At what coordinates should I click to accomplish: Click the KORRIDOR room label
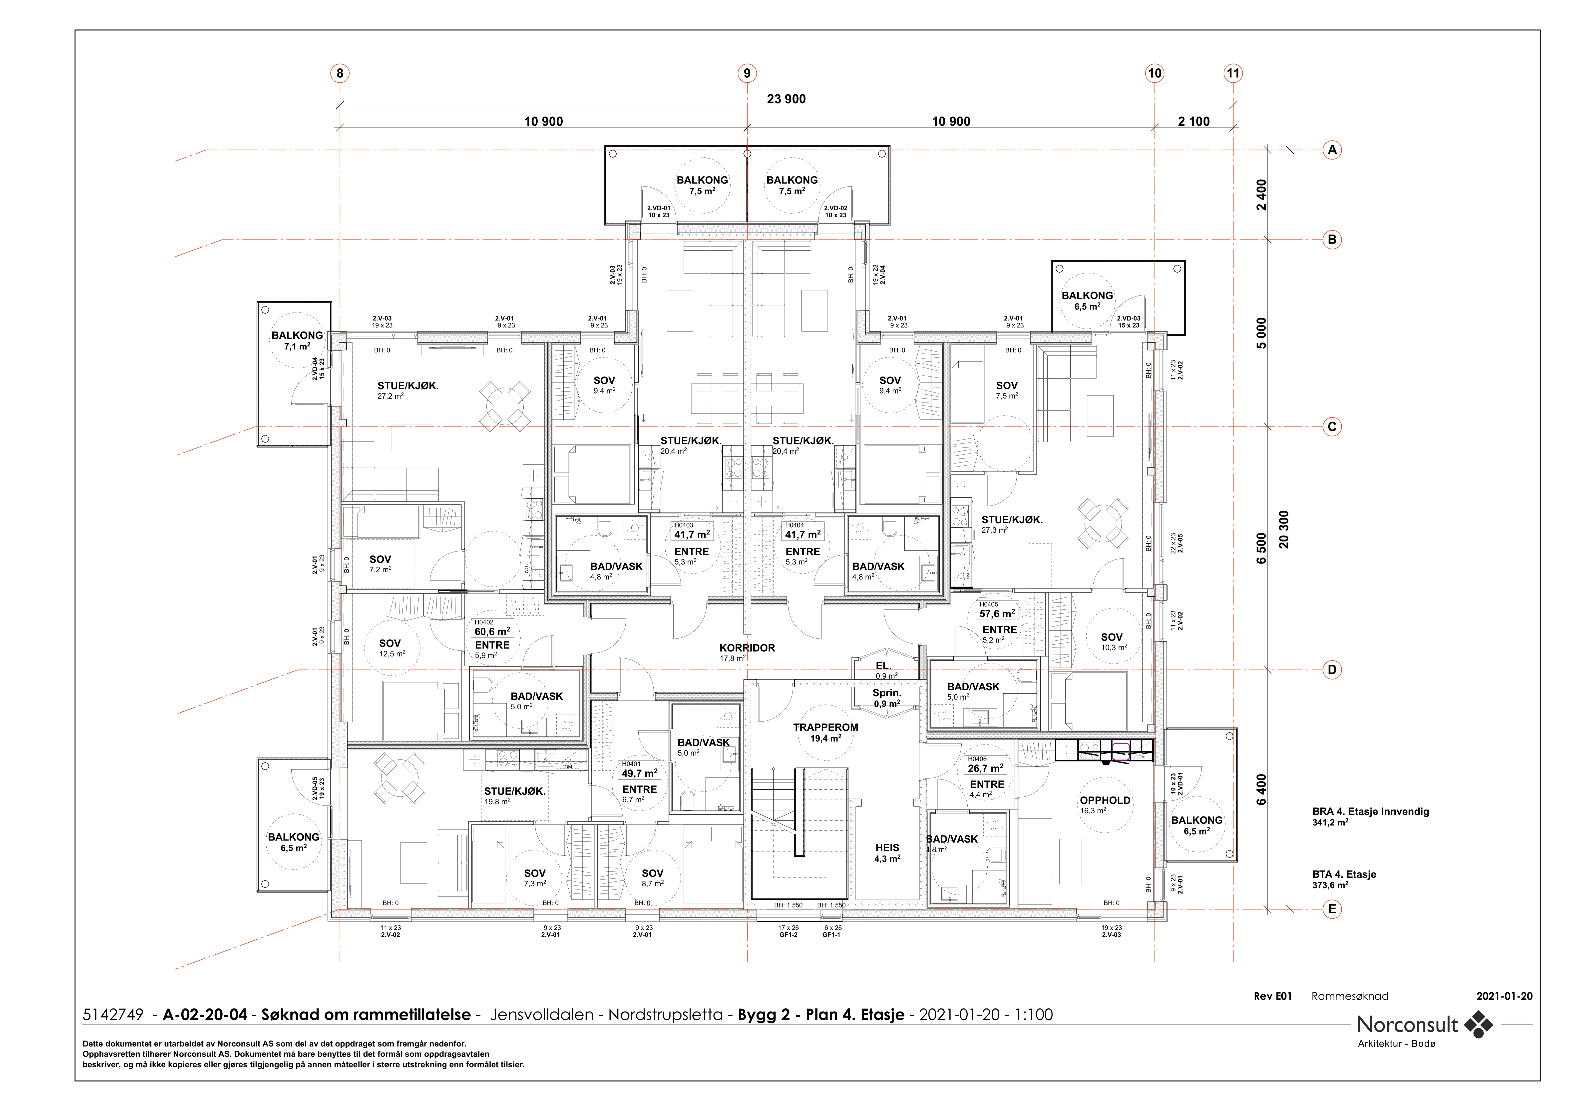point(747,648)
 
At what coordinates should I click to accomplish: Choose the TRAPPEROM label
point(825,727)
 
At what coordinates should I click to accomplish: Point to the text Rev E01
point(1272,996)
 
